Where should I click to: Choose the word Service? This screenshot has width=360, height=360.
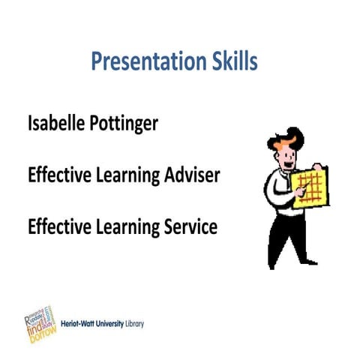pyautogui.click(x=189, y=226)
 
